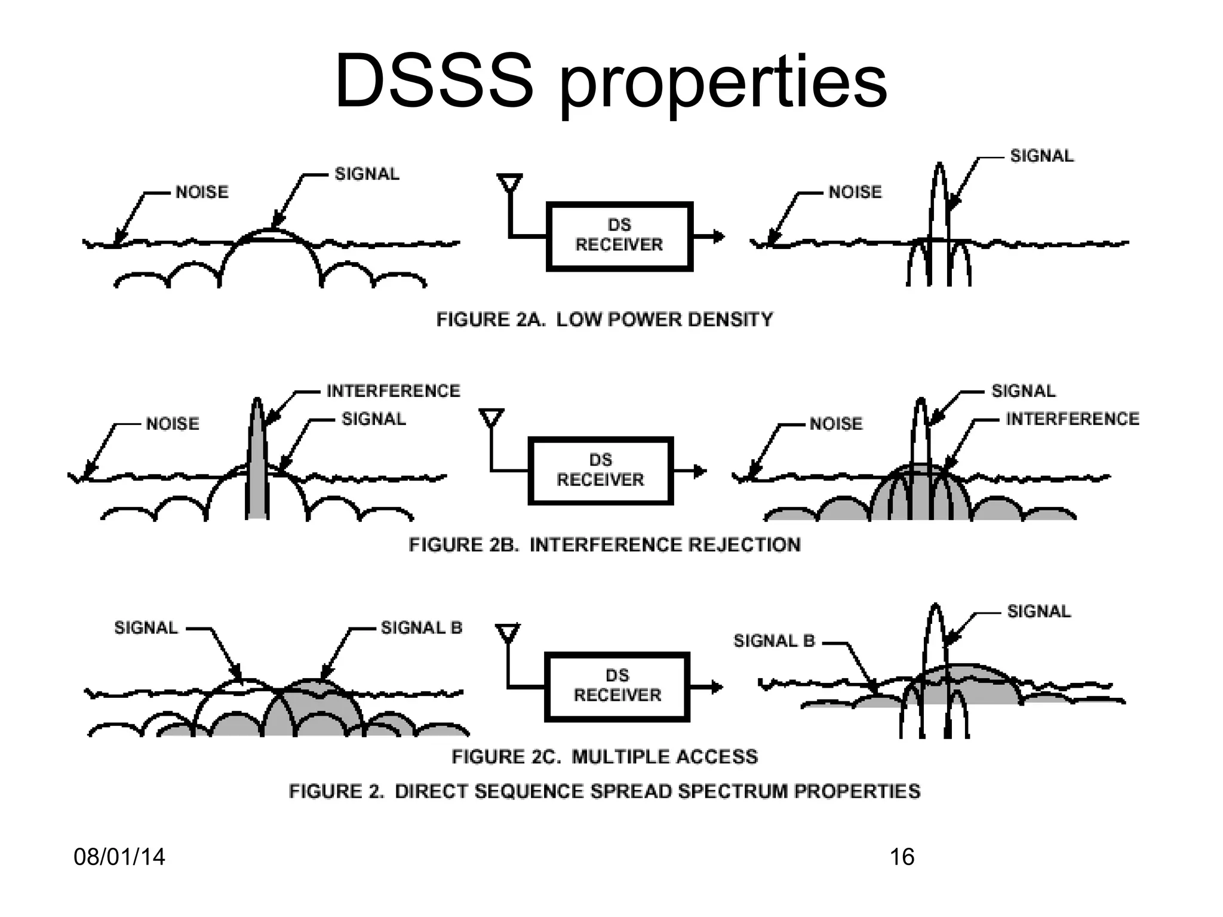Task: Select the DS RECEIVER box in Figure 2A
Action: click(619, 236)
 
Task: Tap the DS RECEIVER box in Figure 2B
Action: click(601, 470)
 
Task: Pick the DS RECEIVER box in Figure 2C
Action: click(617, 686)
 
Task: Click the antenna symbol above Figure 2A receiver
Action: click(509, 183)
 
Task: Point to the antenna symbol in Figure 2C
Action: click(508, 633)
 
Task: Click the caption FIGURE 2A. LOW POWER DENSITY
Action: click(604, 319)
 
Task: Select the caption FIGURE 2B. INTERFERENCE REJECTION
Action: click(604, 544)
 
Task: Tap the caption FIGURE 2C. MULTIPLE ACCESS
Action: click(604, 756)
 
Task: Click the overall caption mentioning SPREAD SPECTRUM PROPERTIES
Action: click(604, 791)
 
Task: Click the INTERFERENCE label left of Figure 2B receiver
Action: click(393, 391)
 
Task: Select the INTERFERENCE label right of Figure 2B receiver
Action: click(1073, 419)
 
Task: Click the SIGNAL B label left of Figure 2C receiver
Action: click(422, 627)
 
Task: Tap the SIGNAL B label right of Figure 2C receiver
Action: click(774, 641)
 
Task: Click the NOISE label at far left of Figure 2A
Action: click(202, 192)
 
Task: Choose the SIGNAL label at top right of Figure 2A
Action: click(1041, 156)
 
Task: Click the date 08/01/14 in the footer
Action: click(119, 857)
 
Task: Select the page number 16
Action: click(902, 857)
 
